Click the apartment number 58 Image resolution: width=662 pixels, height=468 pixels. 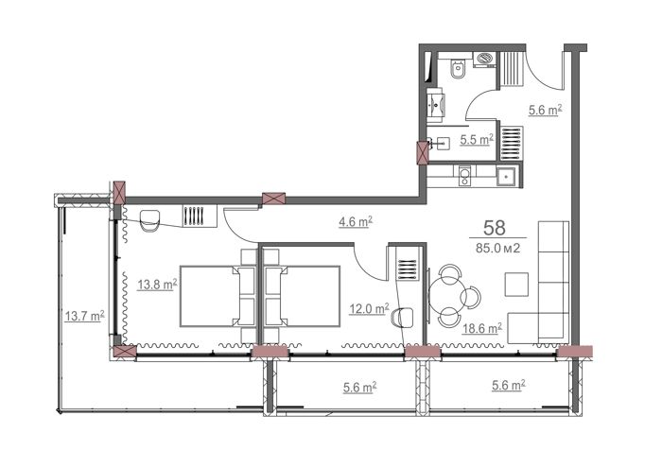tap(495, 228)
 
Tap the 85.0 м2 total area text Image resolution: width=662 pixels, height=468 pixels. tap(497, 249)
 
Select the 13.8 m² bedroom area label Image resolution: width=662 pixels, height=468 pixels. tap(157, 286)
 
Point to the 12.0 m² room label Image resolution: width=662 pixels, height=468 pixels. tap(369, 309)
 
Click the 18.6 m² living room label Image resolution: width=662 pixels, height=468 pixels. tap(481, 328)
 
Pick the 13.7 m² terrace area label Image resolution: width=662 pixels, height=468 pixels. tap(84, 316)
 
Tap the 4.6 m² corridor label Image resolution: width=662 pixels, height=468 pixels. tap(355, 221)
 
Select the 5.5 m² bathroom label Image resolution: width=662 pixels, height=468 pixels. tap(477, 139)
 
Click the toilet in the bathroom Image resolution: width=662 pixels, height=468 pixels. tap(458, 70)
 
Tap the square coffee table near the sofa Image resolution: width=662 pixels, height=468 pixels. tap(516, 284)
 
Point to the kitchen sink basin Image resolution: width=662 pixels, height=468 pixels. tap(505, 177)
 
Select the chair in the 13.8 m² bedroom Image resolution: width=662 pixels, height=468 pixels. tap(149, 221)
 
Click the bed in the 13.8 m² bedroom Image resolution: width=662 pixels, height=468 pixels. tap(218, 296)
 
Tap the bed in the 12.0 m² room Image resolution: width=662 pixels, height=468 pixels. tap(302, 296)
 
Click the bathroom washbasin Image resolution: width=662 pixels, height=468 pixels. tap(435, 104)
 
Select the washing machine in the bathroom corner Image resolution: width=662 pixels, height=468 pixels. tap(486, 59)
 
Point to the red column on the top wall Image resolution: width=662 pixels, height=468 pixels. tap(273, 199)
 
